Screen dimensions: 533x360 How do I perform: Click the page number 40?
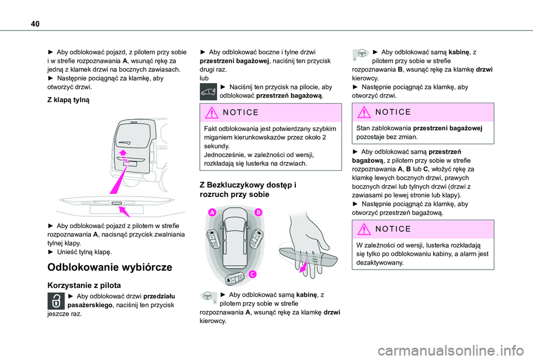pos(35,24)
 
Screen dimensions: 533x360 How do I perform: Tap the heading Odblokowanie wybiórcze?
pos(110,267)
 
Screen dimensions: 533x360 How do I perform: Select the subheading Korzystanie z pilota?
pos(84,285)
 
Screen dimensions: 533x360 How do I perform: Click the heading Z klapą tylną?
pos(68,100)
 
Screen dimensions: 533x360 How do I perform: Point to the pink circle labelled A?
pos(212,212)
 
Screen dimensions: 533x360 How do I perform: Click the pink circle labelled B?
pos(258,212)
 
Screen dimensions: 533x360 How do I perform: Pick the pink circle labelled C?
pos(252,274)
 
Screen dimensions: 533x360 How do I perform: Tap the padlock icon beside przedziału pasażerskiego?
pos(56,301)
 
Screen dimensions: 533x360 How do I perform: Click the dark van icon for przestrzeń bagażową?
pos(208,92)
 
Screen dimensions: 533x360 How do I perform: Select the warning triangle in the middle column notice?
pos(212,113)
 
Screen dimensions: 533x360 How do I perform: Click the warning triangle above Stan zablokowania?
pos(364,112)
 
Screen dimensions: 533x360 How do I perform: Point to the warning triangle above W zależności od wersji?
pos(364,229)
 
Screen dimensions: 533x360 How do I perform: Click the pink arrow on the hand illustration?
pos(303,266)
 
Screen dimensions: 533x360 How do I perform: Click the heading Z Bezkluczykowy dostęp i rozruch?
pos(248,190)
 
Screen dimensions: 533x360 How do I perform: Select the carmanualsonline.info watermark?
pos(450,351)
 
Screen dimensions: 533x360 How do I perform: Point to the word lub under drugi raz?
pos(204,78)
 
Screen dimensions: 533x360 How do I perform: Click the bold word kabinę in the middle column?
pos(306,295)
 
